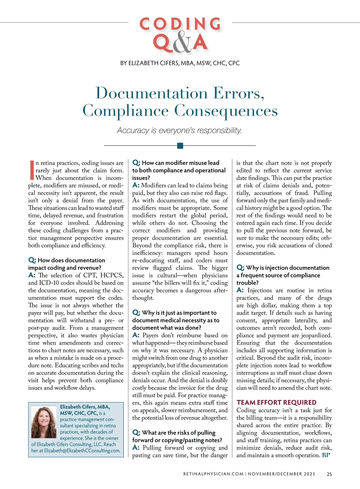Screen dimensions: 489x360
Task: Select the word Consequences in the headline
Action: [226, 111]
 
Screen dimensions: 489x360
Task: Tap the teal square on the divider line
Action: [180, 146]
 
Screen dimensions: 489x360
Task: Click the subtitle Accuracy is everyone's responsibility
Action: [179, 130]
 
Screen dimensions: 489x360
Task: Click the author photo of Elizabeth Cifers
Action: [44, 422]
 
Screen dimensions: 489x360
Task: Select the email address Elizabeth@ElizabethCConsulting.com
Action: [82, 451]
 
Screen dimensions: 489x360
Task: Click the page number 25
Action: [329, 474]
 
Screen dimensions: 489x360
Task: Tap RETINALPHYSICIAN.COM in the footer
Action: [213, 474]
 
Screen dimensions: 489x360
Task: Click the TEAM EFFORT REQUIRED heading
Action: [276, 402]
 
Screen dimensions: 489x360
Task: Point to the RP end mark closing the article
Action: [326, 455]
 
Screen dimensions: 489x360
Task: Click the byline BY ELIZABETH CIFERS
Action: [180, 63]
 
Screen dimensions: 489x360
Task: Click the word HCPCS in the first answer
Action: [112, 275]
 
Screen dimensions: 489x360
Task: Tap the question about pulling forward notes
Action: [177, 436]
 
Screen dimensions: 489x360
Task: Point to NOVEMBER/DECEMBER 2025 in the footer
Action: [281, 474]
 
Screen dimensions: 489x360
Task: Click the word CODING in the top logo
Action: [180, 24]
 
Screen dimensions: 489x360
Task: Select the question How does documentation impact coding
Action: [67, 264]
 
